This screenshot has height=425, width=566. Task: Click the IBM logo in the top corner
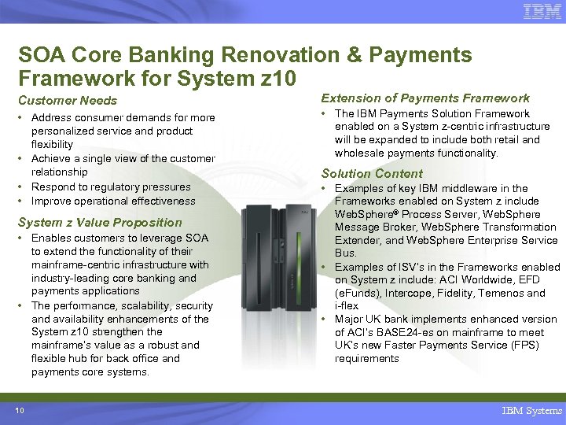click(x=542, y=12)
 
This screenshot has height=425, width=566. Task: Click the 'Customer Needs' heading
click(x=67, y=101)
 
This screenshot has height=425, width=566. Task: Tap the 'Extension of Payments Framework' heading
click(x=425, y=98)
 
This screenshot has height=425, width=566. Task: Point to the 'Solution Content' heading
click(x=372, y=173)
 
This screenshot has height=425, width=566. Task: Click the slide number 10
click(x=19, y=410)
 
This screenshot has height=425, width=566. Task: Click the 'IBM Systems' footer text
click(x=531, y=411)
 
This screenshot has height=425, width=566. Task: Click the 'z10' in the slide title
click(x=274, y=78)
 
